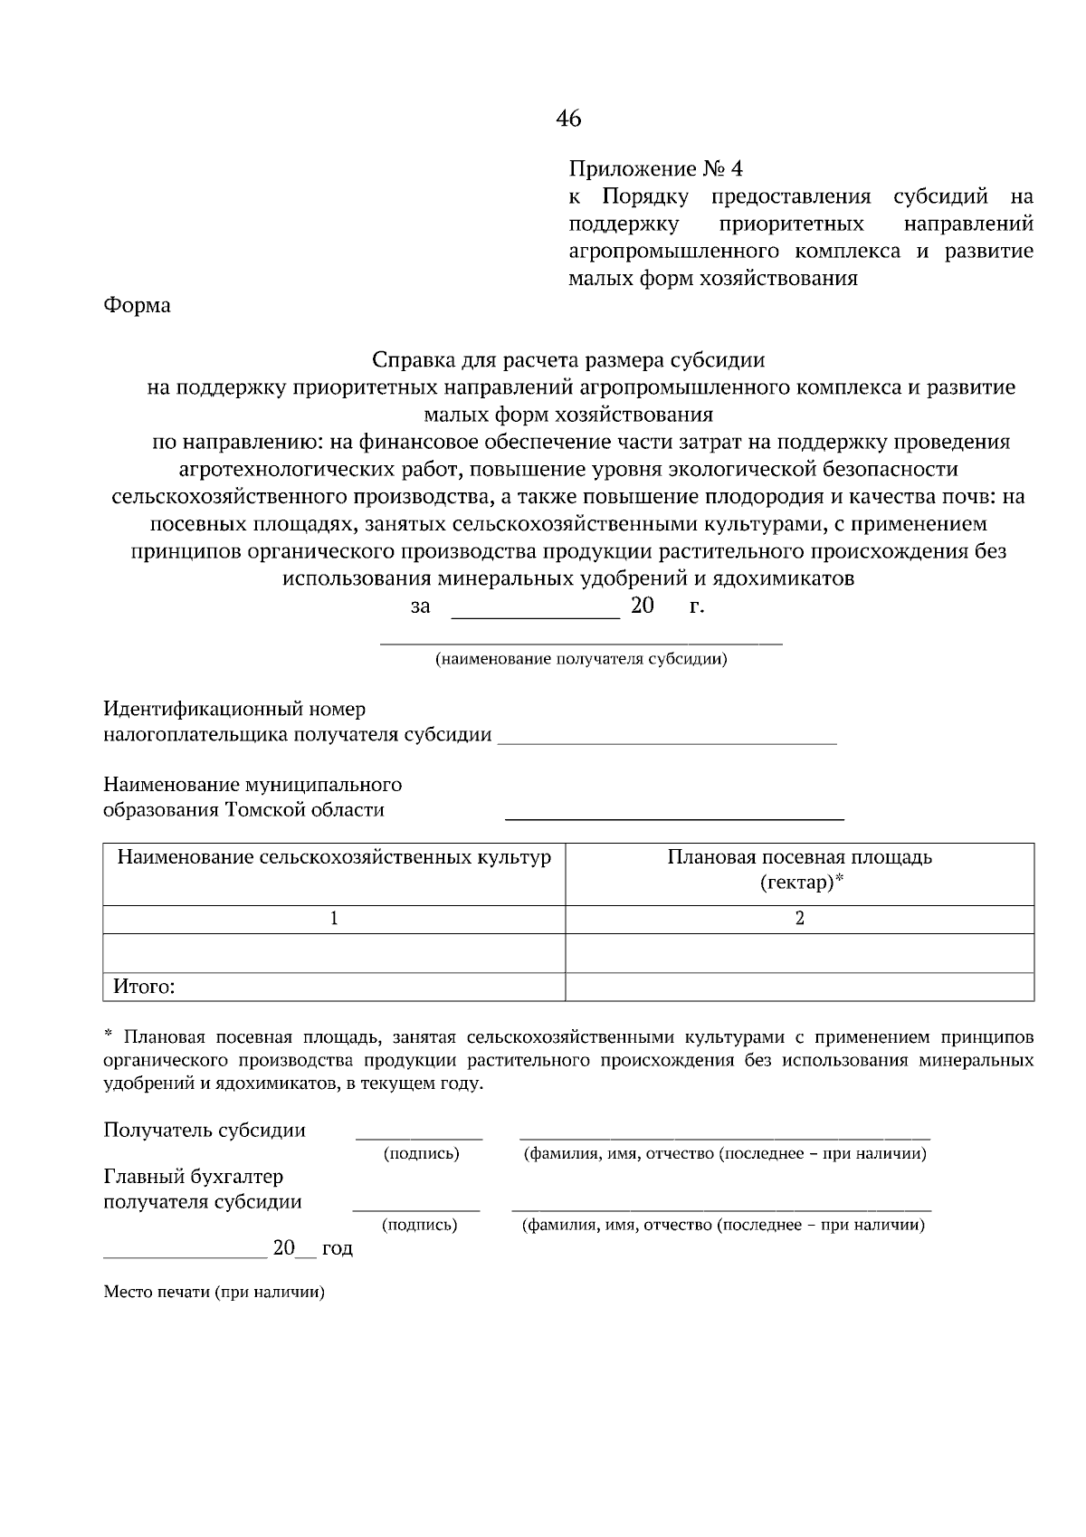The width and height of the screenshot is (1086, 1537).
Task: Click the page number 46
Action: click(568, 119)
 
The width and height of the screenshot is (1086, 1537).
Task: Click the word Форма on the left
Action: click(137, 306)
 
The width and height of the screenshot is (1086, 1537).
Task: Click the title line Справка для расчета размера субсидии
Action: click(568, 360)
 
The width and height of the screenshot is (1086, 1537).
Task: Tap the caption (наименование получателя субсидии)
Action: click(581, 659)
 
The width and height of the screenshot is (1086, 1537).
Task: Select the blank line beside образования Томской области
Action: click(673, 816)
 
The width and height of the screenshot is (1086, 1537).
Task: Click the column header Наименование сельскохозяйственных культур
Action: click(334, 857)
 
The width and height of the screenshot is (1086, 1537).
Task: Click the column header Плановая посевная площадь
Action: click(799, 857)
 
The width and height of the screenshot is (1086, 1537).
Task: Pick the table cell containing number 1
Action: click(334, 919)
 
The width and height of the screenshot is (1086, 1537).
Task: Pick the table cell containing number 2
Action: click(799, 919)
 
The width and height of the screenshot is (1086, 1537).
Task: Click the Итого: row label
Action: click(143, 988)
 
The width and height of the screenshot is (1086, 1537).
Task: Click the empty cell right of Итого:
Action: click(799, 988)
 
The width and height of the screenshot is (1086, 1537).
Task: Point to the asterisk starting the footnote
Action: click(108, 1034)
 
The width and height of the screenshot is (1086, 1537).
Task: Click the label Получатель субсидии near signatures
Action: click(205, 1131)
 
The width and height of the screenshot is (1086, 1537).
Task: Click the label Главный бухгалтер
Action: click(194, 1178)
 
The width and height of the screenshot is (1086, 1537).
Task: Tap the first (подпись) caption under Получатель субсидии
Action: click(421, 1154)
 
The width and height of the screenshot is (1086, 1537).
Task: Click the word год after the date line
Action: click(337, 1249)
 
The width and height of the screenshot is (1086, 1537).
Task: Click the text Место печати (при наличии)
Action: click(214, 1293)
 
